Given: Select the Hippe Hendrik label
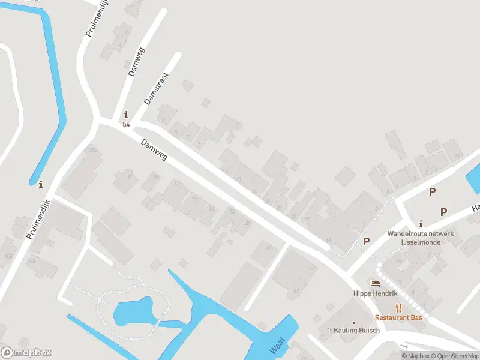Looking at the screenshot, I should click(x=376, y=294).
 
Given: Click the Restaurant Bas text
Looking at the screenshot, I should click(x=398, y=317).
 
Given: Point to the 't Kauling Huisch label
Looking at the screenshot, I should click(x=353, y=331).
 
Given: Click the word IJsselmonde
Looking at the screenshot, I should click(x=421, y=242).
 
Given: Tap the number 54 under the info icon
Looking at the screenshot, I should click(x=126, y=124).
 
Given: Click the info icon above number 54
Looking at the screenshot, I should click(x=126, y=115).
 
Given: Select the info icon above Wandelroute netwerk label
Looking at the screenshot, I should click(x=421, y=223).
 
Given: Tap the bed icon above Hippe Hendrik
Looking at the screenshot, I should click(x=376, y=284).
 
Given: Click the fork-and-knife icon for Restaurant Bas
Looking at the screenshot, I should click(x=398, y=307).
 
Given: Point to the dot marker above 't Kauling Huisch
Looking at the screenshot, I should click(x=353, y=322).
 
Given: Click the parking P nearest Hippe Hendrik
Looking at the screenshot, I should click(x=366, y=241).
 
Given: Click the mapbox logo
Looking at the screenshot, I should click(x=26, y=353).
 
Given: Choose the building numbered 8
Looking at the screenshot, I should click(x=127, y=178).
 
